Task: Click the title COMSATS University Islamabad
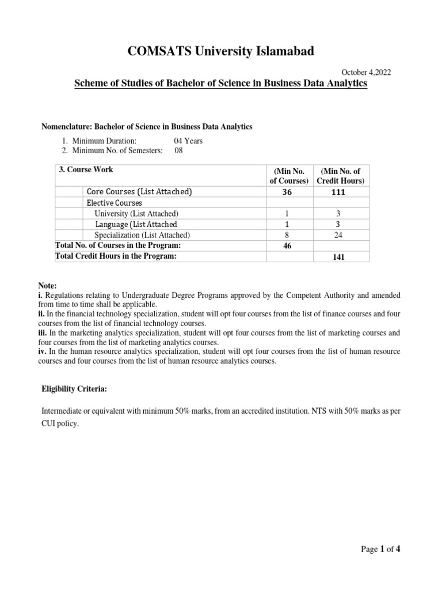point(221,52)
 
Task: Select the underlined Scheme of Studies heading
point(221,85)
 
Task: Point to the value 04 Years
point(188,141)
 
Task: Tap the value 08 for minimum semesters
point(178,151)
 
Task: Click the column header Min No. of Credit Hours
point(341,176)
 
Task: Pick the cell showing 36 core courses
point(287,192)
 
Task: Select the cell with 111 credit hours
point(338,192)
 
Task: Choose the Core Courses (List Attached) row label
point(139,191)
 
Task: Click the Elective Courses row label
point(114,203)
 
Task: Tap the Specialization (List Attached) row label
point(143,235)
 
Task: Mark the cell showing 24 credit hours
point(338,235)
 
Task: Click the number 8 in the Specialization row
point(287,235)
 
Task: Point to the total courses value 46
point(287,246)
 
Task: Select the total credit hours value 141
point(338,258)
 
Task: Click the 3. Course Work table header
point(86,170)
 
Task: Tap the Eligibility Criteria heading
point(74,389)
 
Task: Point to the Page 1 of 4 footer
point(380,549)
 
